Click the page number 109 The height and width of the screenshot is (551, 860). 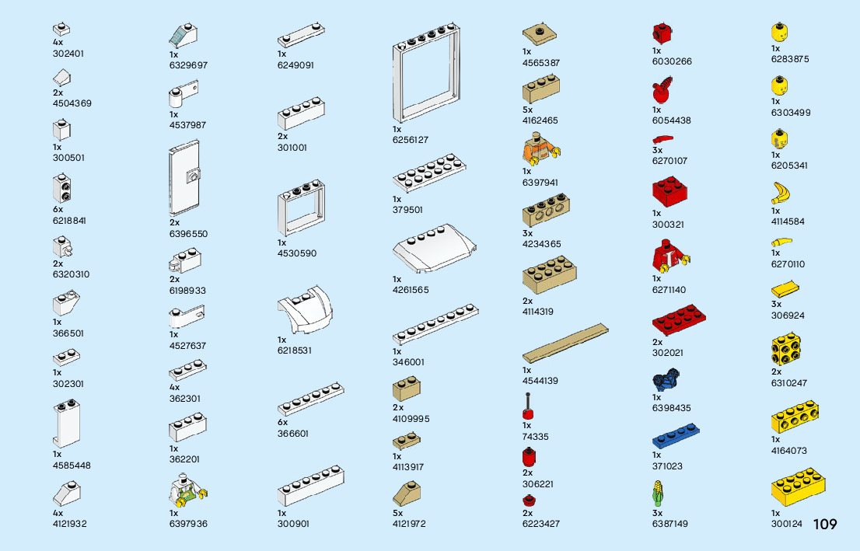(x=825, y=525)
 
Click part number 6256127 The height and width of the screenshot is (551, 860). (x=410, y=140)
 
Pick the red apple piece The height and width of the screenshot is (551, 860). (x=662, y=91)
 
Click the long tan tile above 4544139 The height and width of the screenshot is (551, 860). (x=565, y=345)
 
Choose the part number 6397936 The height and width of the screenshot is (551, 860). (x=188, y=524)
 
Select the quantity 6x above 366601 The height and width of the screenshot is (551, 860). (x=282, y=423)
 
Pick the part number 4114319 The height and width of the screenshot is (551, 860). (x=538, y=312)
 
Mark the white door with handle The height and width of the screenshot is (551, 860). (x=184, y=180)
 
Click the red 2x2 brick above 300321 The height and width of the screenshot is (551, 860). (x=669, y=192)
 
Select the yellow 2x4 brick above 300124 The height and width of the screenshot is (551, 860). (x=798, y=487)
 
